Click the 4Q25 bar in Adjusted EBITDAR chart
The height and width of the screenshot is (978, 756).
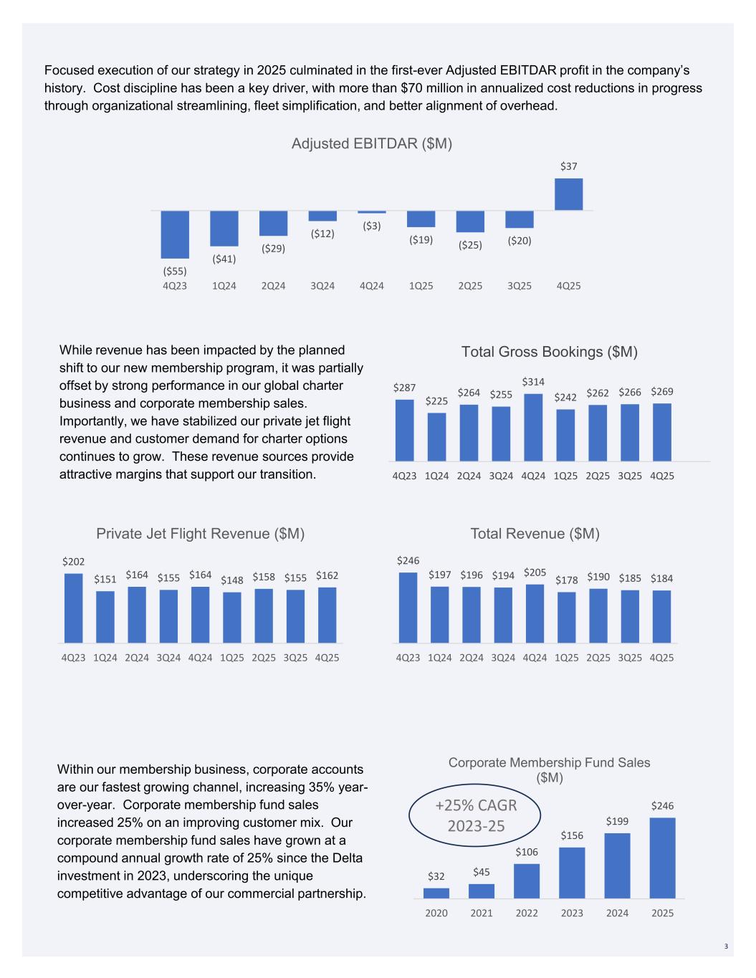click(x=568, y=194)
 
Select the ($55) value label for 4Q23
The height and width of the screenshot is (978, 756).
click(x=174, y=271)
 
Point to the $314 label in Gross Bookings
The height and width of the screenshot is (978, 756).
click(x=533, y=382)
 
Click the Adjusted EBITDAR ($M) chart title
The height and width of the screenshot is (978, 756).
click(x=372, y=143)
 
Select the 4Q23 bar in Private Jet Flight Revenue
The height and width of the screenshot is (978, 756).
click(x=73, y=608)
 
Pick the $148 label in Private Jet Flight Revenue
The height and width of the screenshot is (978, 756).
click(x=231, y=580)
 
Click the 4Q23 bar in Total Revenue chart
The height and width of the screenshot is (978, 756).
click(x=408, y=608)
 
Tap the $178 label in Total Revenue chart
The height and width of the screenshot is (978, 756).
click(x=566, y=580)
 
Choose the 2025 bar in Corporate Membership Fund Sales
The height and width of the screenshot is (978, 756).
click(x=662, y=858)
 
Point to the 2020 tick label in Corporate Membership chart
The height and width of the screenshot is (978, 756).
click(x=436, y=913)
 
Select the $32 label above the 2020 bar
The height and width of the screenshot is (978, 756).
click(x=436, y=876)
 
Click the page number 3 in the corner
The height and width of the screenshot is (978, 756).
click(x=725, y=947)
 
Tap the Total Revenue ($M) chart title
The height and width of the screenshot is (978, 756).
click(x=535, y=533)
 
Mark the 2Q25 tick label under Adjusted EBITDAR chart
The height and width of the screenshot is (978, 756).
click(x=470, y=286)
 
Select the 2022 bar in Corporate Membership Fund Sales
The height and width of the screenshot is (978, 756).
click(x=527, y=881)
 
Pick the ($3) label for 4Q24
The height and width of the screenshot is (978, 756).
click(x=371, y=226)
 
